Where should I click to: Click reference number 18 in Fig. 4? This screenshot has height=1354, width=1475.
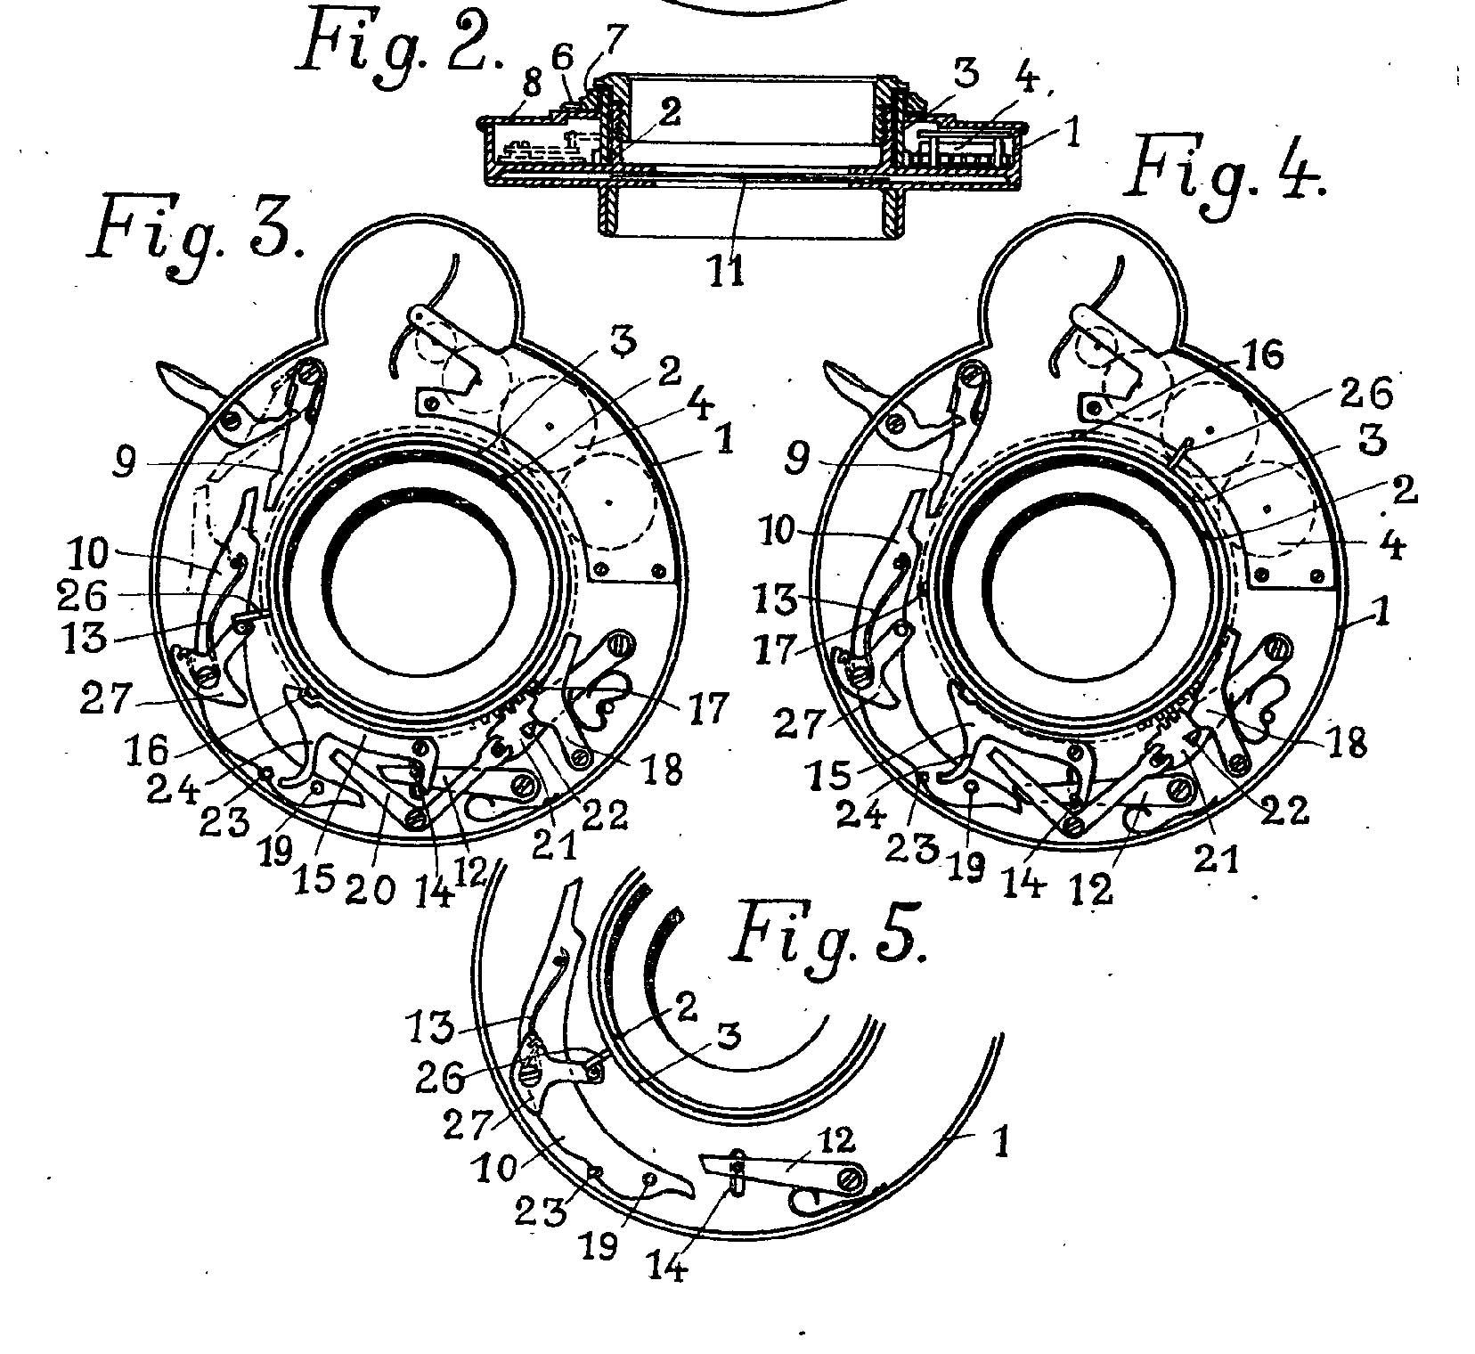point(1327,743)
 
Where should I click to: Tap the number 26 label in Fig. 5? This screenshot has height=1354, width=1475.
point(441,1080)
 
